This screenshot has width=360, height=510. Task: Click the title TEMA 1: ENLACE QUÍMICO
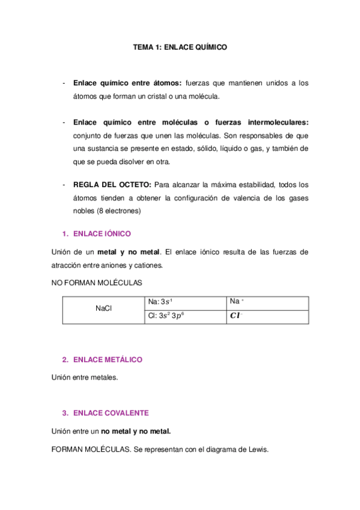click(180, 46)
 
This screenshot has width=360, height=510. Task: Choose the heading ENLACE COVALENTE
click(111, 413)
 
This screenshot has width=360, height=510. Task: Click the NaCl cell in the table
click(104, 309)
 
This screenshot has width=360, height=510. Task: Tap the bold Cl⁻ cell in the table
click(238, 316)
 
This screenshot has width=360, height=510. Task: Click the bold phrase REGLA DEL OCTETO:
click(112, 185)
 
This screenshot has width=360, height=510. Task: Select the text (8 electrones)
click(118, 211)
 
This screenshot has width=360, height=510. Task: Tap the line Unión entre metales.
click(85, 378)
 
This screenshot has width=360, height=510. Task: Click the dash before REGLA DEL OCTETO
click(64, 185)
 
